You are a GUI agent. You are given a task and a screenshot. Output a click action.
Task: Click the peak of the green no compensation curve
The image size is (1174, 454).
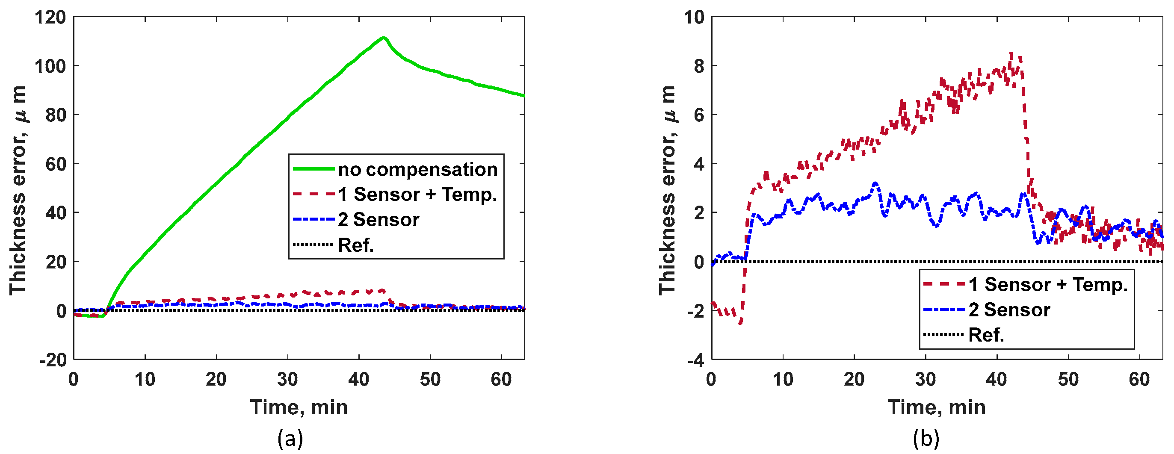(x=384, y=38)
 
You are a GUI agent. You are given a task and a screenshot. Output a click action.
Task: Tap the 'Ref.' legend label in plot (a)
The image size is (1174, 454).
(x=355, y=245)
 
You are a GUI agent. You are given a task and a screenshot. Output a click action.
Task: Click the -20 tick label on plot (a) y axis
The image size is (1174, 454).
(x=53, y=360)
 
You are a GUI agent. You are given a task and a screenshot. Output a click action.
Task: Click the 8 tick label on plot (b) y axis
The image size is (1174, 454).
(x=699, y=67)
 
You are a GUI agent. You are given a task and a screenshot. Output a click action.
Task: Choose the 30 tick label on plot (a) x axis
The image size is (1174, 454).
(x=287, y=379)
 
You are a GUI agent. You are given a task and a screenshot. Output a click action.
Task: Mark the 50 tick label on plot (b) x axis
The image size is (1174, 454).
(x=1068, y=379)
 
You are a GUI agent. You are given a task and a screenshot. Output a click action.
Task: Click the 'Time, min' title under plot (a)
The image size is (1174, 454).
(x=299, y=407)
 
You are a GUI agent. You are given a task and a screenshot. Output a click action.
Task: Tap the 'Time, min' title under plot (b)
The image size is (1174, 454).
(x=937, y=407)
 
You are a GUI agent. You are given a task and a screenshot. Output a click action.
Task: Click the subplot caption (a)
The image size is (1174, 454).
(x=290, y=439)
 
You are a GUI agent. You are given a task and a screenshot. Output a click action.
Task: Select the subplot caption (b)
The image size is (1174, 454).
(x=926, y=439)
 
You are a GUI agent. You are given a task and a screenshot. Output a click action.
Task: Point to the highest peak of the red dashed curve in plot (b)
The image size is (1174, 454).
(x=1011, y=53)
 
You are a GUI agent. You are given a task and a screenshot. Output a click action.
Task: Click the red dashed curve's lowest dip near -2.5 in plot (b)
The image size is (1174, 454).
(x=741, y=323)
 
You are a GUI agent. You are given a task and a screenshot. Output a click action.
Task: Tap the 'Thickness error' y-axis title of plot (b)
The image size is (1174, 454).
(x=667, y=189)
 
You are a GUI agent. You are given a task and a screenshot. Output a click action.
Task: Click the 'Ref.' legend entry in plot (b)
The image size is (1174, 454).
(x=986, y=335)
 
